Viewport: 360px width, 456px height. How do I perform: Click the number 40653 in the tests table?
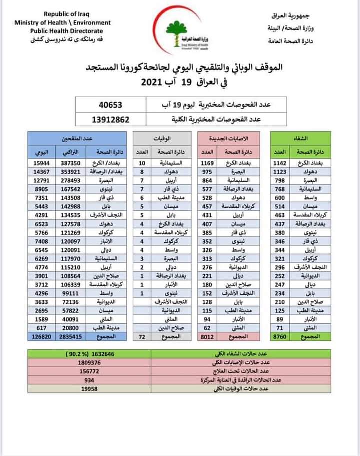click(111, 105)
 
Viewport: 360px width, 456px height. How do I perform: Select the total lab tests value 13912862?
click(111, 120)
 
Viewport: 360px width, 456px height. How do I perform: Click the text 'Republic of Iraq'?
click(63, 15)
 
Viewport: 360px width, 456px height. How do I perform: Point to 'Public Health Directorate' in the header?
click(62, 30)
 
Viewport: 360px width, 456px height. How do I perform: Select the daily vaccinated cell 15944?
click(38, 163)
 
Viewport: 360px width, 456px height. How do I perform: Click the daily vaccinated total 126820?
click(39, 337)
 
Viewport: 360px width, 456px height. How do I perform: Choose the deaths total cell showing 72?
click(142, 337)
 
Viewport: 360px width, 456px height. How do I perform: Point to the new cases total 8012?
click(207, 337)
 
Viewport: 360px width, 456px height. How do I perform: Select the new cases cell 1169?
click(207, 163)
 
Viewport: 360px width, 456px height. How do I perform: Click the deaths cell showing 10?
click(142, 163)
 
